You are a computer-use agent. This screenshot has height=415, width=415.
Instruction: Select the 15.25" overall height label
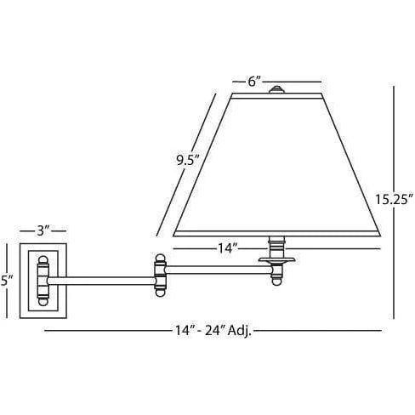[x=394, y=200]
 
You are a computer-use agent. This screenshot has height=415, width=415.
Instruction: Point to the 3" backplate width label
[x=45, y=230]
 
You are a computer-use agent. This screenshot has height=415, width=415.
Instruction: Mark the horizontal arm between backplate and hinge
[x=102, y=276]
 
